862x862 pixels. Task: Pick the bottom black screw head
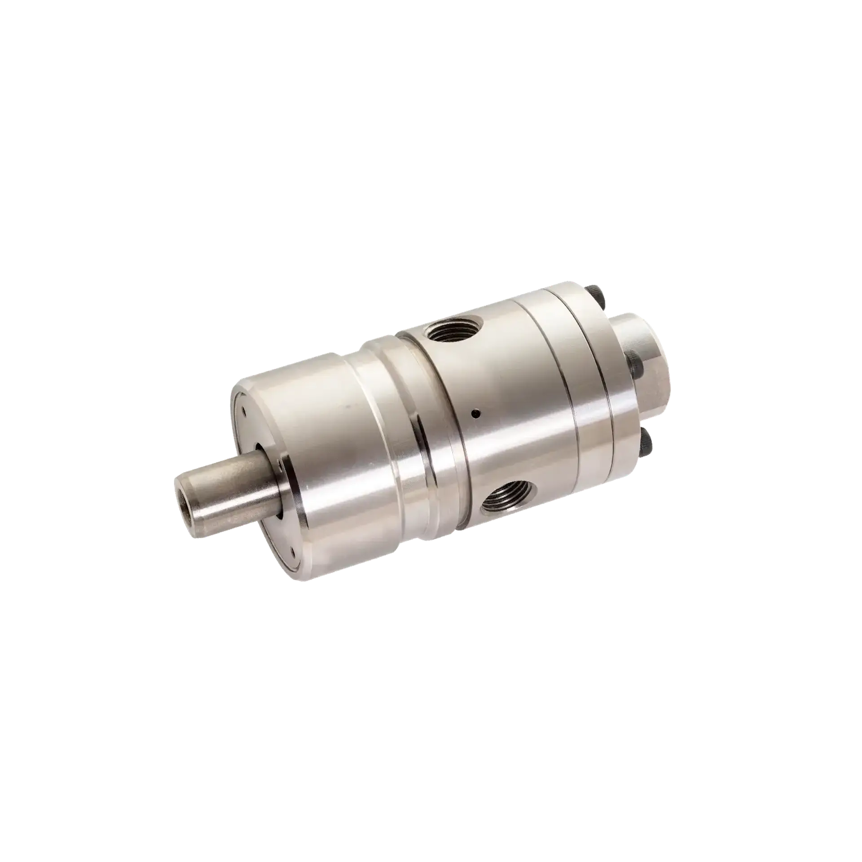[x=647, y=443]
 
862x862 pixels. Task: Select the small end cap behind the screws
[x=646, y=350]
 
